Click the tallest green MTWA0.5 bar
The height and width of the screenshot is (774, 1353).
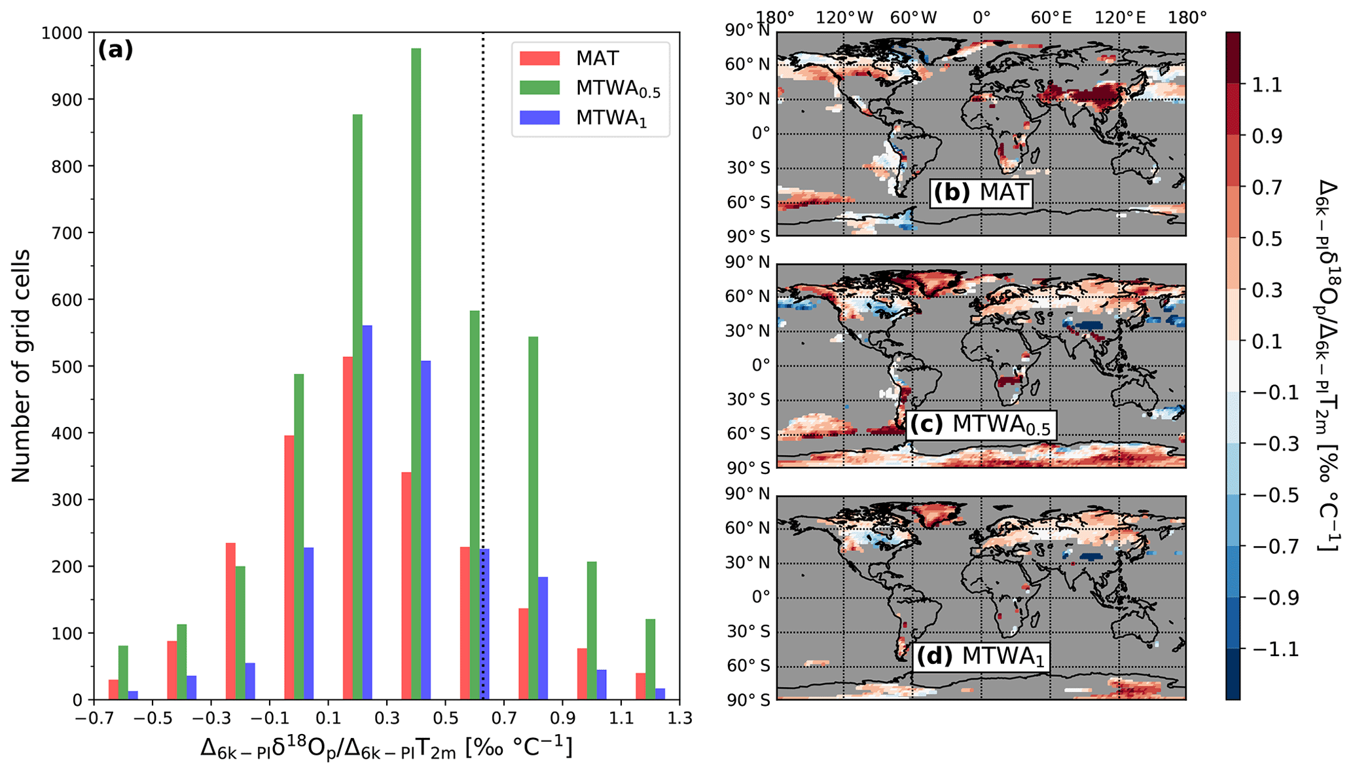point(416,373)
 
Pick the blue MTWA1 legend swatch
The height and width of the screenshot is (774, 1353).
point(539,118)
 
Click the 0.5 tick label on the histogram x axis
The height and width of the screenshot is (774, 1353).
point(446,718)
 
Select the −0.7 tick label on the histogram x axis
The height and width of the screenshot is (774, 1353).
point(92,718)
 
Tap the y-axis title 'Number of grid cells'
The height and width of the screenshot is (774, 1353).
point(21,365)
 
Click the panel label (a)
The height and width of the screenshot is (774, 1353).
point(115,50)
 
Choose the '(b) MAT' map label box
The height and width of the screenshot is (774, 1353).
point(981,193)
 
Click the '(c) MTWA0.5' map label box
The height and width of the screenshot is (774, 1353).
point(980,424)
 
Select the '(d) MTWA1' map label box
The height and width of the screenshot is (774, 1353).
point(980,656)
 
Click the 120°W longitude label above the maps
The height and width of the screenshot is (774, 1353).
point(844,18)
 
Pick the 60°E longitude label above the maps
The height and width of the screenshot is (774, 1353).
point(1051,18)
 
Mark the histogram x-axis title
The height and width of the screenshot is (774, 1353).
point(386,747)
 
